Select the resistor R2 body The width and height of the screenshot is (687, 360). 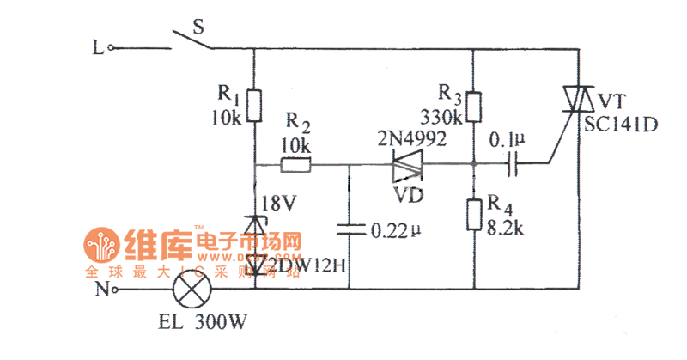[x=296, y=165]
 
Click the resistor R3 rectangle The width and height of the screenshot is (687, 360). [x=474, y=107]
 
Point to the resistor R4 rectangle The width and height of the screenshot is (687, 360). [x=474, y=215]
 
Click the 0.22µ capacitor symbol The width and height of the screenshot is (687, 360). [x=350, y=229]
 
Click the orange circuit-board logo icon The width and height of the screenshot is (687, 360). [x=102, y=246]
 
